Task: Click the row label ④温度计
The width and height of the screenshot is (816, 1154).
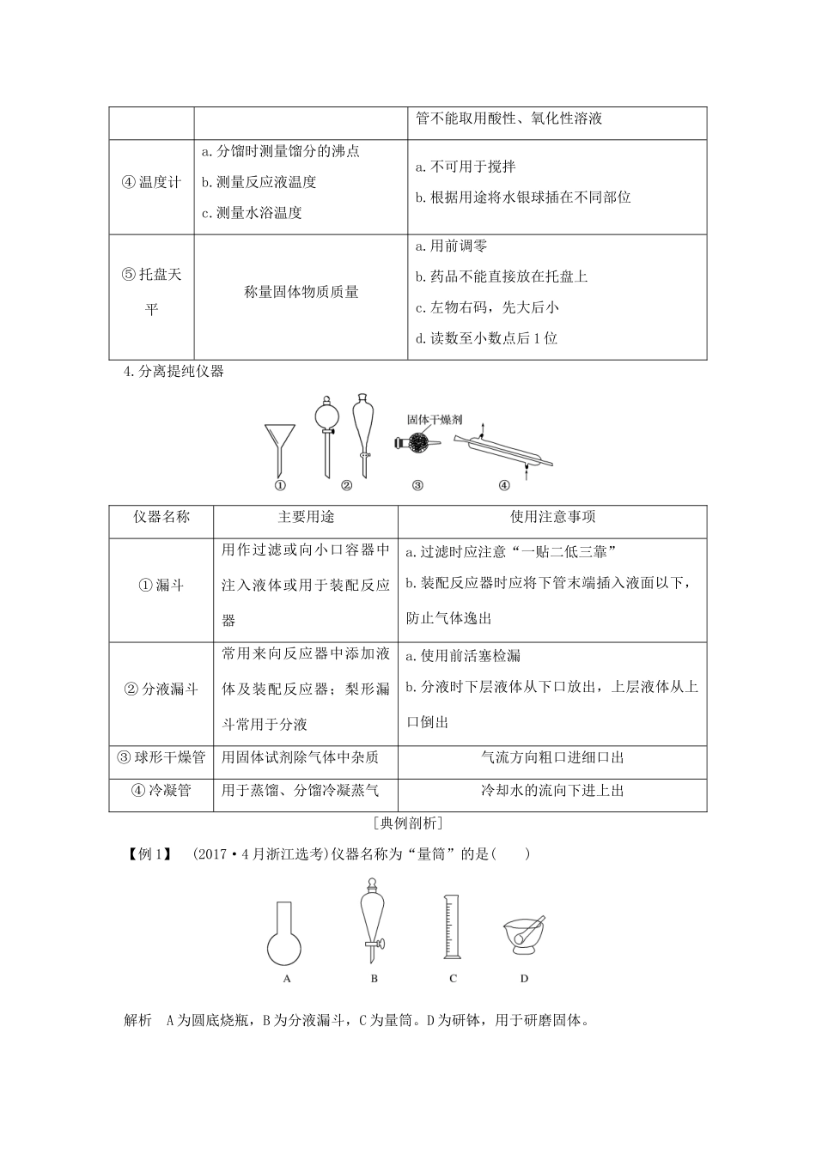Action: (151, 183)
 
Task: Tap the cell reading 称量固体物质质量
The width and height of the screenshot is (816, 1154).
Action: (301, 292)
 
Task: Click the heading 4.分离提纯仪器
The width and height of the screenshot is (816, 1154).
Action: (174, 372)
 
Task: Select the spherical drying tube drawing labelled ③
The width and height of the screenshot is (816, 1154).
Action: (417, 443)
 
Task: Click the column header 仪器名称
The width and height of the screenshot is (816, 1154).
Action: (161, 517)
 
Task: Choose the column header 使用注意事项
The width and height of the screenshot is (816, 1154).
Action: (552, 517)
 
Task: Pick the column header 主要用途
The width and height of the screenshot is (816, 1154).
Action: (306, 517)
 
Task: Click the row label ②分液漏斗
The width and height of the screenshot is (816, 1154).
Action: (161, 689)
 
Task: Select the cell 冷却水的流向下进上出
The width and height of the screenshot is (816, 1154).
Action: (552, 791)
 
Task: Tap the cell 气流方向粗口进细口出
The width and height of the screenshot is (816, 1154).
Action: (552, 757)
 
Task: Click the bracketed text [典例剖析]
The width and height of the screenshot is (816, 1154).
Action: (408, 823)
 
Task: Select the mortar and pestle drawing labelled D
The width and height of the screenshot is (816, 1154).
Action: (523, 936)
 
